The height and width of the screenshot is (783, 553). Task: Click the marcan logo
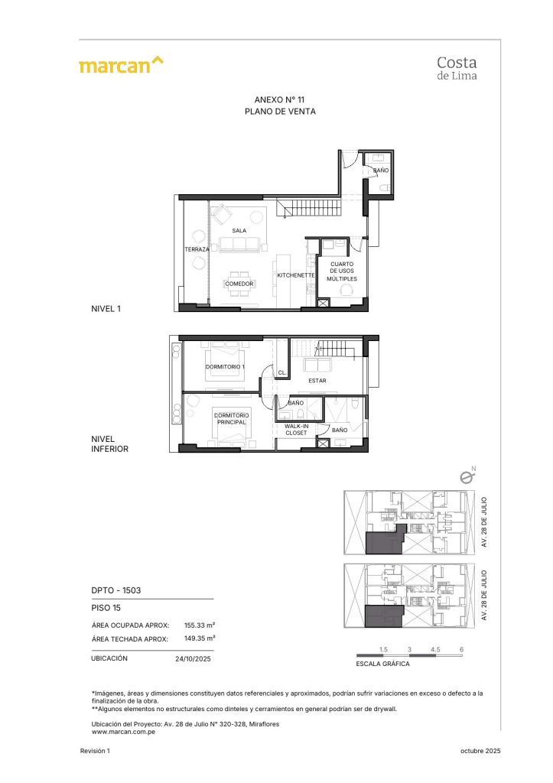click(x=121, y=66)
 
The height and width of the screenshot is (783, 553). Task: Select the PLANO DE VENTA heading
click(x=280, y=112)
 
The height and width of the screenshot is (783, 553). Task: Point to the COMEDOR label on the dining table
click(x=239, y=284)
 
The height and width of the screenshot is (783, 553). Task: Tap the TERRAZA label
click(x=197, y=249)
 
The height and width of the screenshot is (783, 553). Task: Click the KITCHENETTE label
click(x=296, y=275)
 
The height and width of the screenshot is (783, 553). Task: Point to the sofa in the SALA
click(x=240, y=245)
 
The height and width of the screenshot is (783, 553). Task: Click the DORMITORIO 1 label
click(x=226, y=368)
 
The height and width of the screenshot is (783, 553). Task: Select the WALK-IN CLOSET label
click(x=296, y=429)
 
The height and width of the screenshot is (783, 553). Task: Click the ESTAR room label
click(x=317, y=379)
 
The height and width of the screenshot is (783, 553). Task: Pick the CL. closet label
click(x=281, y=373)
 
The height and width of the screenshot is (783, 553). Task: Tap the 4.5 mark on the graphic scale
click(x=436, y=649)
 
